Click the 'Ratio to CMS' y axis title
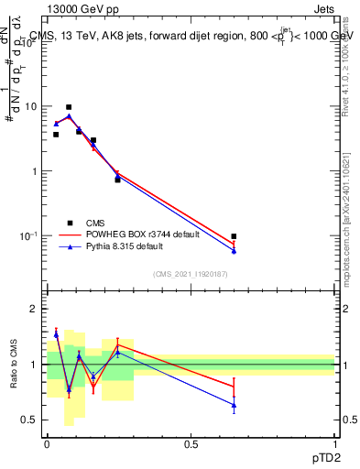coord(14,365)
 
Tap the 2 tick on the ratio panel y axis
coord(35,309)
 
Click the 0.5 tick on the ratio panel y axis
coord(31,420)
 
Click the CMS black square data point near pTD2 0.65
coord(235,236)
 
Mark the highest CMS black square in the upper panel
coord(69,107)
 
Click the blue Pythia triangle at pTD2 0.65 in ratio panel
coord(235,405)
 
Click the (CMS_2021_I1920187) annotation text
coord(190,272)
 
